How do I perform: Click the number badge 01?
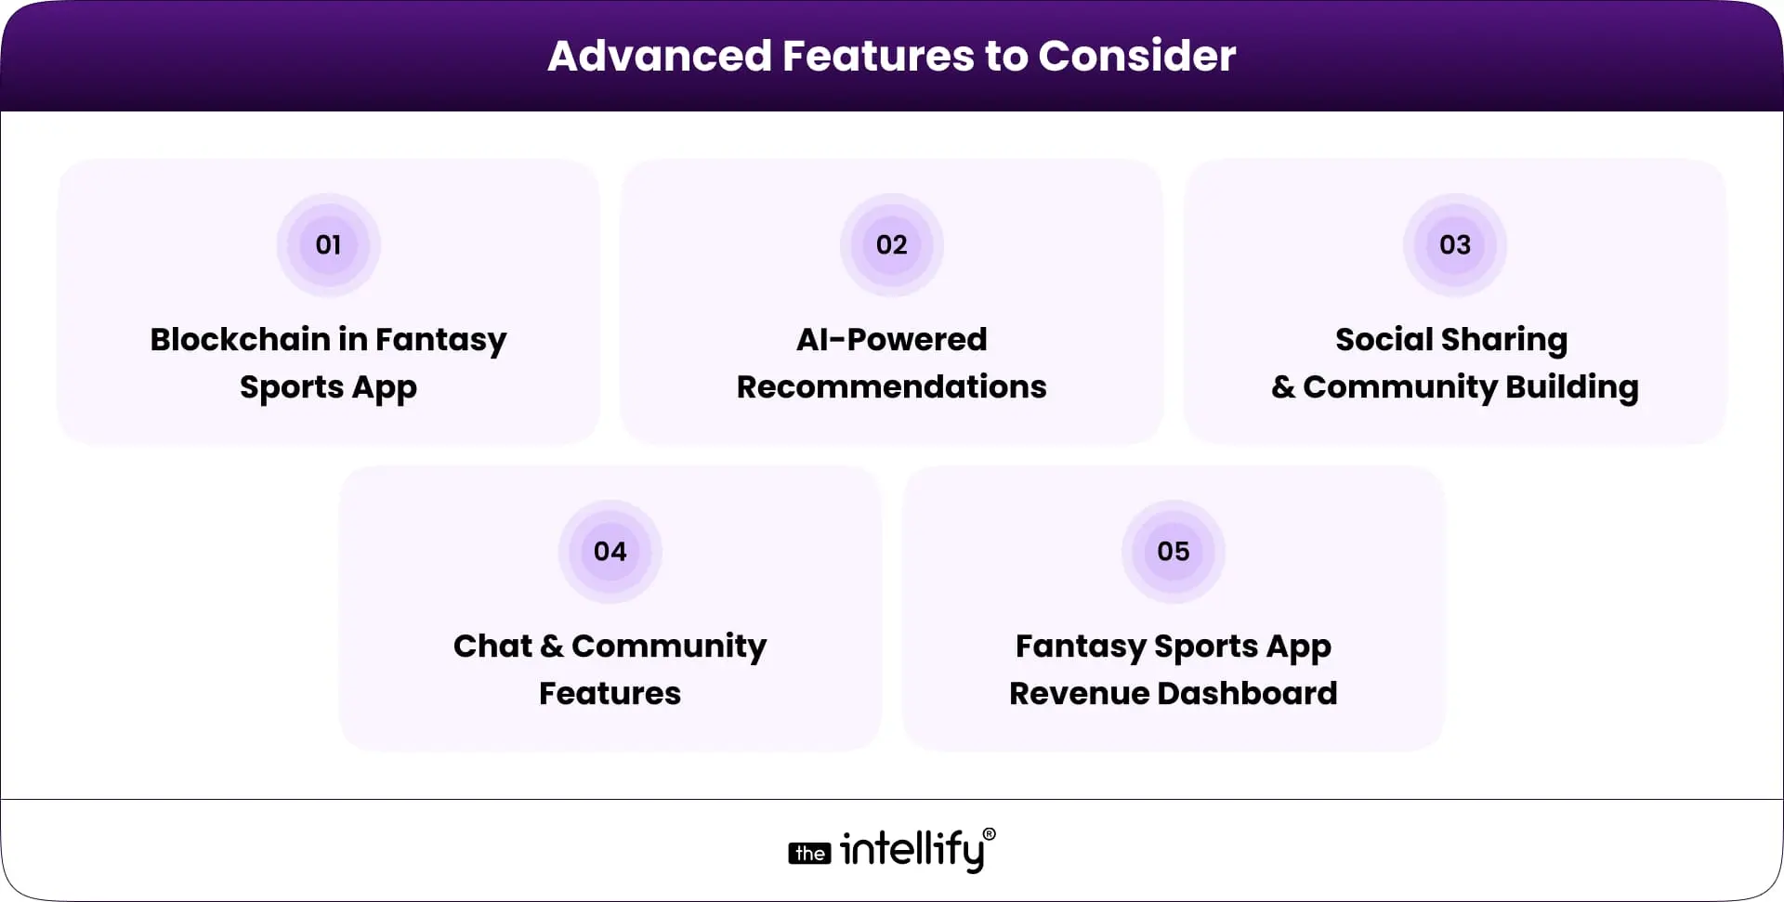[x=328, y=245]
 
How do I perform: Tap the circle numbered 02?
[x=891, y=245]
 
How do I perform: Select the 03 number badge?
[x=1454, y=245]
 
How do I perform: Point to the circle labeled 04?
[x=610, y=552]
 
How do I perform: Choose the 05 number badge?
[x=1173, y=552]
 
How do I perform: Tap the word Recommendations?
[x=891, y=386]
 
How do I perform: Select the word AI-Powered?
[x=891, y=339]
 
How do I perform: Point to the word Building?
[x=1571, y=388]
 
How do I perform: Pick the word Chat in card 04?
[x=492, y=646]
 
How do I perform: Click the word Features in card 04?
[x=610, y=693]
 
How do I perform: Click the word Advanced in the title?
[x=659, y=56]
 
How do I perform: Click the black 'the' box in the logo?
[x=809, y=854]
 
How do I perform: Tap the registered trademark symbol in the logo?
[x=989, y=834]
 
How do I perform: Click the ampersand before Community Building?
[x=1282, y=386]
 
